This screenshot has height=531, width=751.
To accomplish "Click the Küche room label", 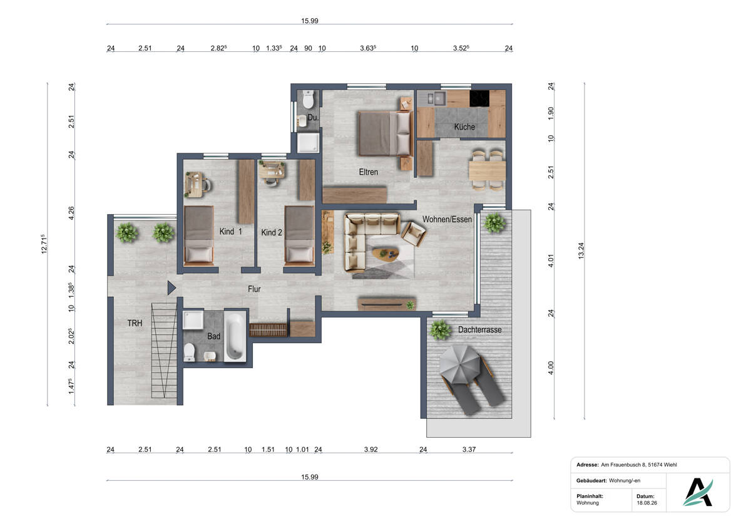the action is pyautogui.click(x=464, y=126).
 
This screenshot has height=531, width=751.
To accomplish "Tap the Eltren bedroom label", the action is pyautogui.click(x=369, y=172).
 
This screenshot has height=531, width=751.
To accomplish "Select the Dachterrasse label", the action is pyautogui.click(x=480, y=330).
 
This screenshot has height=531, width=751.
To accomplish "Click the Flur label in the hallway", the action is pyautogui.click(x=254, y=289).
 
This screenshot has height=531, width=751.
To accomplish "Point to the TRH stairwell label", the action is pyautogui.click(x=135, y=323).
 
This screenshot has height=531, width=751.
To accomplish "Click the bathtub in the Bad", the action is pyautogui.click(x=235, y=336).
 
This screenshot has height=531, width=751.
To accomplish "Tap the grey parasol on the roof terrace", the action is pyautogui.click(x=460, y=364).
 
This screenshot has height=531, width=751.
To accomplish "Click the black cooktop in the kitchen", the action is pyautogui.click(x=479, y=98).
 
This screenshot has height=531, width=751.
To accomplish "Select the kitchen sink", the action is pyautogui.click(x=436, y=98).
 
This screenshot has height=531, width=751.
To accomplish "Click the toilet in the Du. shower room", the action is pyautogui.click(x=308, y=99).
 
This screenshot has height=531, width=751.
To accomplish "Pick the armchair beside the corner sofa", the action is pyautogui.click(x=414, y=234).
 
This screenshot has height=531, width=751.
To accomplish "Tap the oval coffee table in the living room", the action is pyautogui.click(x=386, y=254).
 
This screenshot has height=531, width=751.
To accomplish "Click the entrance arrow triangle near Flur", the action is pyautogui.click(x=171, y=288).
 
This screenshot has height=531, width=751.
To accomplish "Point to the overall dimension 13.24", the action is pyautogui.click(x=581, y=250).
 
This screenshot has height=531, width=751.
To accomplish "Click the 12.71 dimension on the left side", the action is pyautogui.click(x=44, y=244).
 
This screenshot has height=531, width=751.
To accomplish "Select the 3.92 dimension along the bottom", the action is pyautogui.click(x=370, y=450).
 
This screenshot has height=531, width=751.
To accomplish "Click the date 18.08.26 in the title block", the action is pyautogui.click(x=646, y=503).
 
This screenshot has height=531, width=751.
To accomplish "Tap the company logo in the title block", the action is pyautogui.click(x=698, y=492).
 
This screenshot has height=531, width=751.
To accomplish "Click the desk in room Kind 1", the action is pyautogui.click(x=194, y=185).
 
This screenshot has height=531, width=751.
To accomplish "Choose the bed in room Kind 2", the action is pyautogui.click(x=299, y=236).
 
